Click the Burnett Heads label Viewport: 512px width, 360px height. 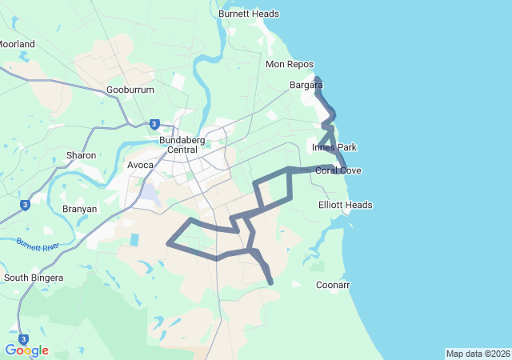coord(249,14)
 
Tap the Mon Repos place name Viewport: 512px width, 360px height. coord(286,64)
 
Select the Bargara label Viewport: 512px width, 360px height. coord(306,84)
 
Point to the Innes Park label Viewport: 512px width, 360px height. coord(334,147)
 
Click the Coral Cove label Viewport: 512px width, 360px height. coord(338,170)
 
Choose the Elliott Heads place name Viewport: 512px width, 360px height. coord(346,205)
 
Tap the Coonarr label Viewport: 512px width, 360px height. coord(333,285)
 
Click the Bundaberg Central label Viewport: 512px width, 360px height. coord(183,145)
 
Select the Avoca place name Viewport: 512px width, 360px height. coord(140,166)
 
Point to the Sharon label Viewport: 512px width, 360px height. coord(81,155)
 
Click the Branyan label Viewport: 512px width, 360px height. coord(79,209)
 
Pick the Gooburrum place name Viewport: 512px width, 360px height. coord(130,90)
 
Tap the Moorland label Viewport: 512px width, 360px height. coord(18,44)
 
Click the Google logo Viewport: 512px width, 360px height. coord(26,350)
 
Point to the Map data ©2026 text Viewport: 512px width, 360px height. coord(478,354)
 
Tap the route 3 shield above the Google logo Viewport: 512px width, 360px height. coord(23,338)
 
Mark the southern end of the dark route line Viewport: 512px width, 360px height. coord(271,282)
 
